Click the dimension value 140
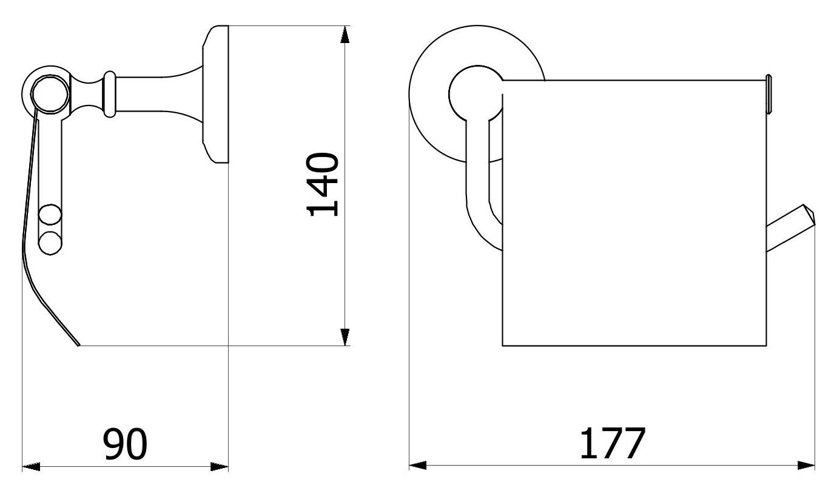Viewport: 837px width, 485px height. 323,184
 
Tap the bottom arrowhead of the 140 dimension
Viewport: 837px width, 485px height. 345,337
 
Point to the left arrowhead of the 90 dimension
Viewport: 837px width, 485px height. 31,466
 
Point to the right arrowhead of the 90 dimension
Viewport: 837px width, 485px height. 220,466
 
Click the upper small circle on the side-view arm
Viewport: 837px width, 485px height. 50,216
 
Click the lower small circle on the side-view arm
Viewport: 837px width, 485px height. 50,243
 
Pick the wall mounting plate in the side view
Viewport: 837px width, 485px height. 215,94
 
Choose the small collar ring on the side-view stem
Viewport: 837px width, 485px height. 109,94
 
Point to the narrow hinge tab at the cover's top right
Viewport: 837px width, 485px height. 768,95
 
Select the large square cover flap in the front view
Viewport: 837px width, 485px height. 634,212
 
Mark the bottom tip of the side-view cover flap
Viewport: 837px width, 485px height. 78,345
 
